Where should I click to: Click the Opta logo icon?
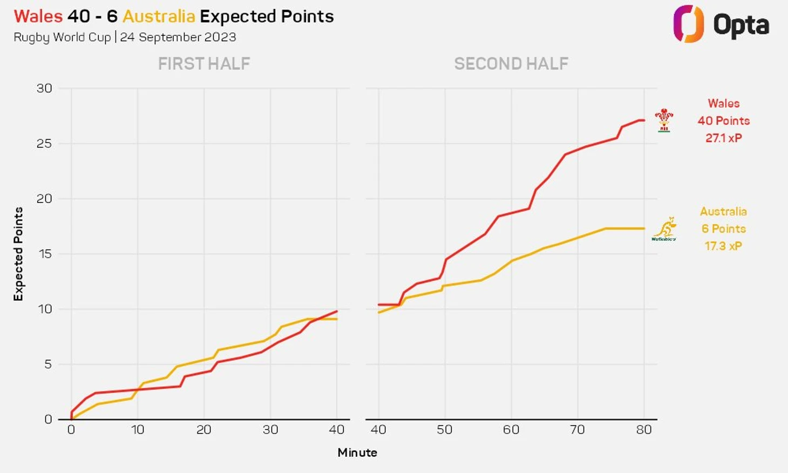688,24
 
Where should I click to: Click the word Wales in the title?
38,16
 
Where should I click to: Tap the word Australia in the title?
159,16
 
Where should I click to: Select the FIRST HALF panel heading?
204,64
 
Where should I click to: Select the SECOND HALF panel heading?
511,64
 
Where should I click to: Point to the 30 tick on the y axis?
44,88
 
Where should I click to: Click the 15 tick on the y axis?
45,254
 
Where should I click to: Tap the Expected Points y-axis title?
18,254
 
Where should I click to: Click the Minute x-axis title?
357,452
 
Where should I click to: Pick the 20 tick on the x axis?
203,430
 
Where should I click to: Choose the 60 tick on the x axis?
511,430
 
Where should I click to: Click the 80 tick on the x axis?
644,430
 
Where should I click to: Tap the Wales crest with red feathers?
664,120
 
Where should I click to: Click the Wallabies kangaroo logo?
664,229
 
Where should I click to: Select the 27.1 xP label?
723,138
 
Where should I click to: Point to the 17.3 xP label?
723,246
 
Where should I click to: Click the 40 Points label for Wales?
723,121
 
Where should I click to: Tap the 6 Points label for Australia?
723,229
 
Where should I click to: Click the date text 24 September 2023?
178,37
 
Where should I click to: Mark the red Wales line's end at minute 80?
644,120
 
